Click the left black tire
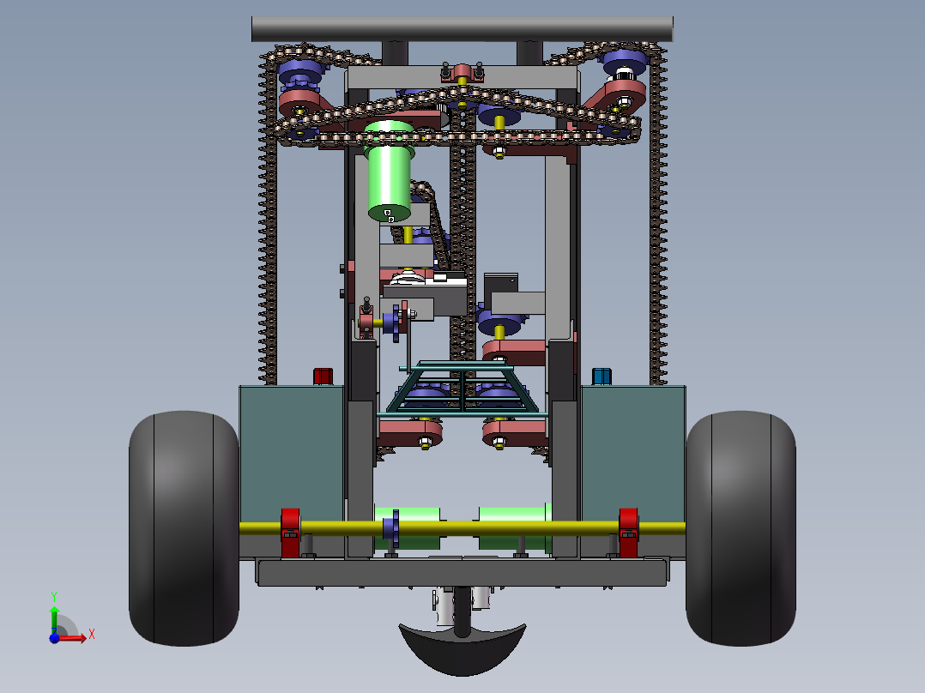coord(184,527)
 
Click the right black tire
coord(741,527)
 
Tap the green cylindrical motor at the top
coord(389,171)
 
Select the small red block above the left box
coord(323,377)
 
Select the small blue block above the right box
coord(602,377)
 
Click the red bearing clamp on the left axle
coord(290,533)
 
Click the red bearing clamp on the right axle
coord(628,533)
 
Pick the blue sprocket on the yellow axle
coord(392,527)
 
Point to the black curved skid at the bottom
coord(462,648)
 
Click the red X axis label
coord(92,635)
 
